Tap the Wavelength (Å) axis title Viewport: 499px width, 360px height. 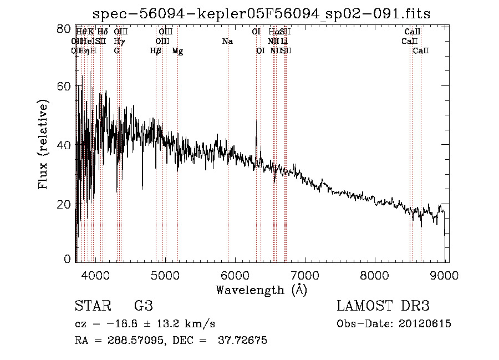[261, 290]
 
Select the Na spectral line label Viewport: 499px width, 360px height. [227, 42]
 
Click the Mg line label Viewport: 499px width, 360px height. [177, 51]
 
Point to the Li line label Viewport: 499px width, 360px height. [284, 42]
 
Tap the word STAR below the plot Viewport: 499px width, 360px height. [91, 306]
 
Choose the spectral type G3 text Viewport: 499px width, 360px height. [143, 306]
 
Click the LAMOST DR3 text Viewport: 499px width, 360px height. [383, 306]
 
